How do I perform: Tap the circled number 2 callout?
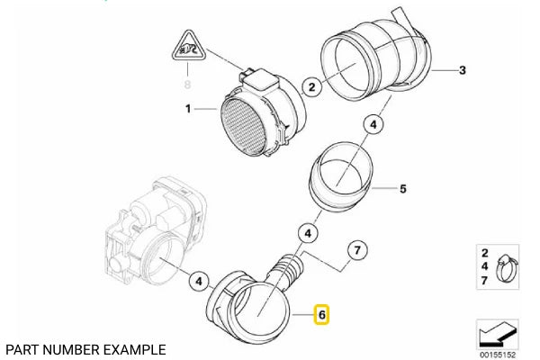tap(310, 86)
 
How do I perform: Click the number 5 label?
tap(403, 189)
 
